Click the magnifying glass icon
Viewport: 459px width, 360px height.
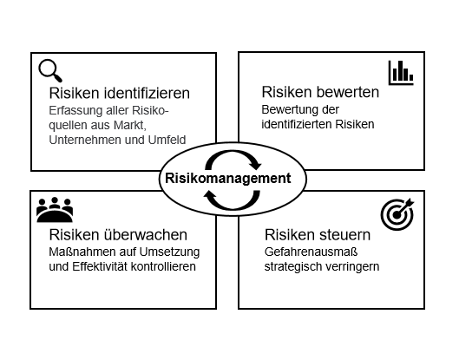click(50, 70)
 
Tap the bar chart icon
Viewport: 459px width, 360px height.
click(401, 73)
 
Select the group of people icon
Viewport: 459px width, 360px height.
click(55, 210)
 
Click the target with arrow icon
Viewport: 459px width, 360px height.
click(397, 214)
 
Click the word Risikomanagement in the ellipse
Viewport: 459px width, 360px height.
click(228, 178)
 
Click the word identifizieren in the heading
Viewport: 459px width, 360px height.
click(147, 93)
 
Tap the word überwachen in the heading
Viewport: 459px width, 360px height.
click(146, 235)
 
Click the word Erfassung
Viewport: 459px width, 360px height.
click(75, 111)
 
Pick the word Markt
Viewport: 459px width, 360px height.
click(129, 125)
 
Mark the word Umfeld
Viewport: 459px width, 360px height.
click(167, 140)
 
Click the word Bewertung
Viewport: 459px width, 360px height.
click(290, 110)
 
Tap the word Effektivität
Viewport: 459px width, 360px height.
click(100, 266)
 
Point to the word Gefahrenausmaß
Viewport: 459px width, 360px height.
click(311, 252)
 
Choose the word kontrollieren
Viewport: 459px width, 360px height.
click(163, 266)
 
